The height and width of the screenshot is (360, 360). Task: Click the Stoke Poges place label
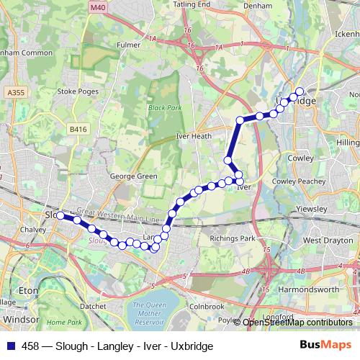[x=77, y=91]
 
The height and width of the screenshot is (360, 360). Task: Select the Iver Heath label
[x=194, y=135]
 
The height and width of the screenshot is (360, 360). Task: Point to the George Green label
[x=133, y=176]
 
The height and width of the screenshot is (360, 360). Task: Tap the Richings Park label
[x=232, y=238]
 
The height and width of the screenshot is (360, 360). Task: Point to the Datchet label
[x=94, y=305]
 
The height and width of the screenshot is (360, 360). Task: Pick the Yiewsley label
[x=312, y=209]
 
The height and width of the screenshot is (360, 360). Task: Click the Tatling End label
[x=189, y=4]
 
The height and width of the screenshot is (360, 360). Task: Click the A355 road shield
[x=14, y=92]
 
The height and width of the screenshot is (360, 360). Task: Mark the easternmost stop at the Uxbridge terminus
[x=300, y=91]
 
